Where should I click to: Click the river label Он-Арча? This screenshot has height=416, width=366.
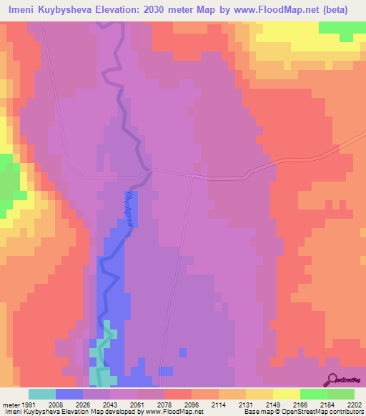[129, 208]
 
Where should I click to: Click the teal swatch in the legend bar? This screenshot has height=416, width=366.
[41, 394]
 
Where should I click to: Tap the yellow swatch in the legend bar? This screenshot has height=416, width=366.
[286, 394]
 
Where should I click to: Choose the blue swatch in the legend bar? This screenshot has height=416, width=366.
[69, 394]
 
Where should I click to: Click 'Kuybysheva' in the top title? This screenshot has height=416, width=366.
[74, 9]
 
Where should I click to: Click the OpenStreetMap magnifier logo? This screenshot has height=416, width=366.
[332, 380]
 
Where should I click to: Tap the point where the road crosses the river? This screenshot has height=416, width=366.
[149, 171]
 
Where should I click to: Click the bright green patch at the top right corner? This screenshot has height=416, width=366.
[342, 26]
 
